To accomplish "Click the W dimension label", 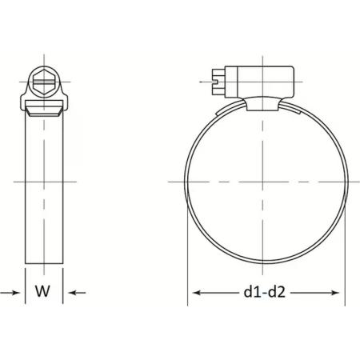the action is [42, 291].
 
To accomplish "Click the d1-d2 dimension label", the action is [264, 292].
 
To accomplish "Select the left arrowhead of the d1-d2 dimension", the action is [197, 293].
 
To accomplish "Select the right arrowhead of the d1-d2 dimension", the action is [335, 293].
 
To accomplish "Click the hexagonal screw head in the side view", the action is [44, 82].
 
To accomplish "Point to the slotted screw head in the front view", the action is [218, 82].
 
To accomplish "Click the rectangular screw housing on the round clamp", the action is [259, 82].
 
